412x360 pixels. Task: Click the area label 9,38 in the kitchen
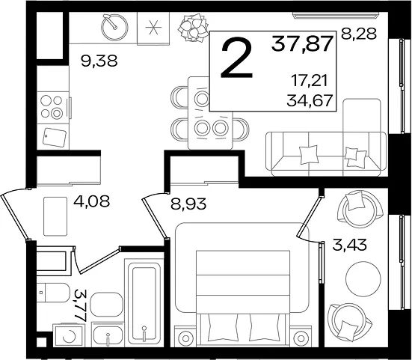pos(99,61)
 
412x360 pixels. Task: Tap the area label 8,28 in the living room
pos(359,34)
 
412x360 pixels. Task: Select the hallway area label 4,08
pos(91,201)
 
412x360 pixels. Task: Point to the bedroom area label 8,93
pos(188,204)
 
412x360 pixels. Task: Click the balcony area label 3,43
pos(349,245)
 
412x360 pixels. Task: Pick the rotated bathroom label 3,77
pos(81,305)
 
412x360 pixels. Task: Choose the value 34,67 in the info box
pos(310,100)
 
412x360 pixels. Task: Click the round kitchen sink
pos(114,27)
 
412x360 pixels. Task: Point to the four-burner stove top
pos(53,107)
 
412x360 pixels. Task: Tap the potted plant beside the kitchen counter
pos(193,28)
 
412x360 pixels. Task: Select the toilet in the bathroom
pos(53,293)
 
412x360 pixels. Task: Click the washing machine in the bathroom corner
pos(69,335)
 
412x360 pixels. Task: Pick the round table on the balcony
pos(363,279)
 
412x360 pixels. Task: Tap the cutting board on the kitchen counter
pos(55,137)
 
